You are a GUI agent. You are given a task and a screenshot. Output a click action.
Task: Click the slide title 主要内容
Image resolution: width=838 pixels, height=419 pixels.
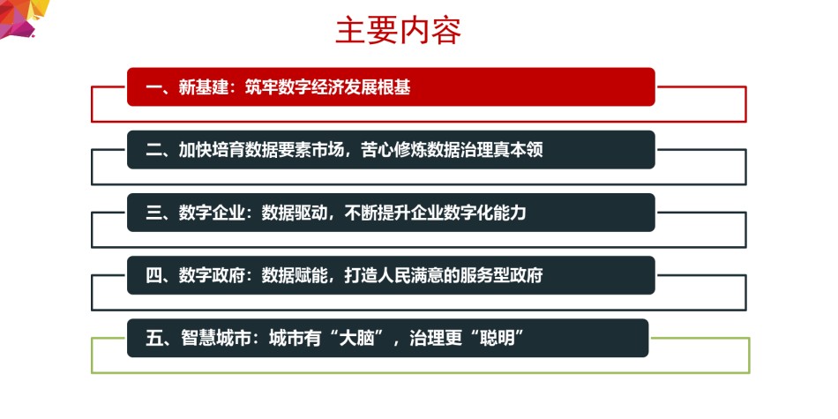point(398,31)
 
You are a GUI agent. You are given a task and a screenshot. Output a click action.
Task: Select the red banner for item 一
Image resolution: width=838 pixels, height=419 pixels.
point(391,86)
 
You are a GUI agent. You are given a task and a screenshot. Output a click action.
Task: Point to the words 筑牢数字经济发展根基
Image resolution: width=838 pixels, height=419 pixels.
point(327,87)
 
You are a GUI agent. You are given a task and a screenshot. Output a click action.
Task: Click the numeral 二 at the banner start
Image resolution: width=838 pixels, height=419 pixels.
point(153,150)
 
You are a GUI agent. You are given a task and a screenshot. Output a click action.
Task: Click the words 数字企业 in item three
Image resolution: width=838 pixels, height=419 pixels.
point(212,213)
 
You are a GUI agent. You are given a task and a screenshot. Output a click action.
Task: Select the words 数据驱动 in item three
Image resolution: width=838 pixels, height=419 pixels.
point(295,213)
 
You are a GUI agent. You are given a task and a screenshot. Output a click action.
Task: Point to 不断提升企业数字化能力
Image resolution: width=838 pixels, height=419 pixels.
point(436,213)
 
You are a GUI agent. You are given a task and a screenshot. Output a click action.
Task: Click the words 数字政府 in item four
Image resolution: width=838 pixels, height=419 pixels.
point(212,276)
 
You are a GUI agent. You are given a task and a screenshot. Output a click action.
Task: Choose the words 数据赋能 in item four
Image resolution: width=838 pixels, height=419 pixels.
point(295,276)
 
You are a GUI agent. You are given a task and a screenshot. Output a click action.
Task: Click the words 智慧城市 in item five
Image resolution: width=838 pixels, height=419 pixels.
point(212,339)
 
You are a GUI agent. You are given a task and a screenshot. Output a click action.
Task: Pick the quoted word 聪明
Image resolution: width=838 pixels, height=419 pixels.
point(496,339)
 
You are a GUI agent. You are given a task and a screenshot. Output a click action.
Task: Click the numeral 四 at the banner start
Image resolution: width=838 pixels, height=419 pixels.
point(153,276)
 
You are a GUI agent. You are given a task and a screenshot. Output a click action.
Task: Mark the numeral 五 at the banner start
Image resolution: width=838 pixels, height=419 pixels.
point(153,339)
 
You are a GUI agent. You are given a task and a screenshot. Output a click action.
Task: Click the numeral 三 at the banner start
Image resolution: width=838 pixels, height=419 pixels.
point(153,213)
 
